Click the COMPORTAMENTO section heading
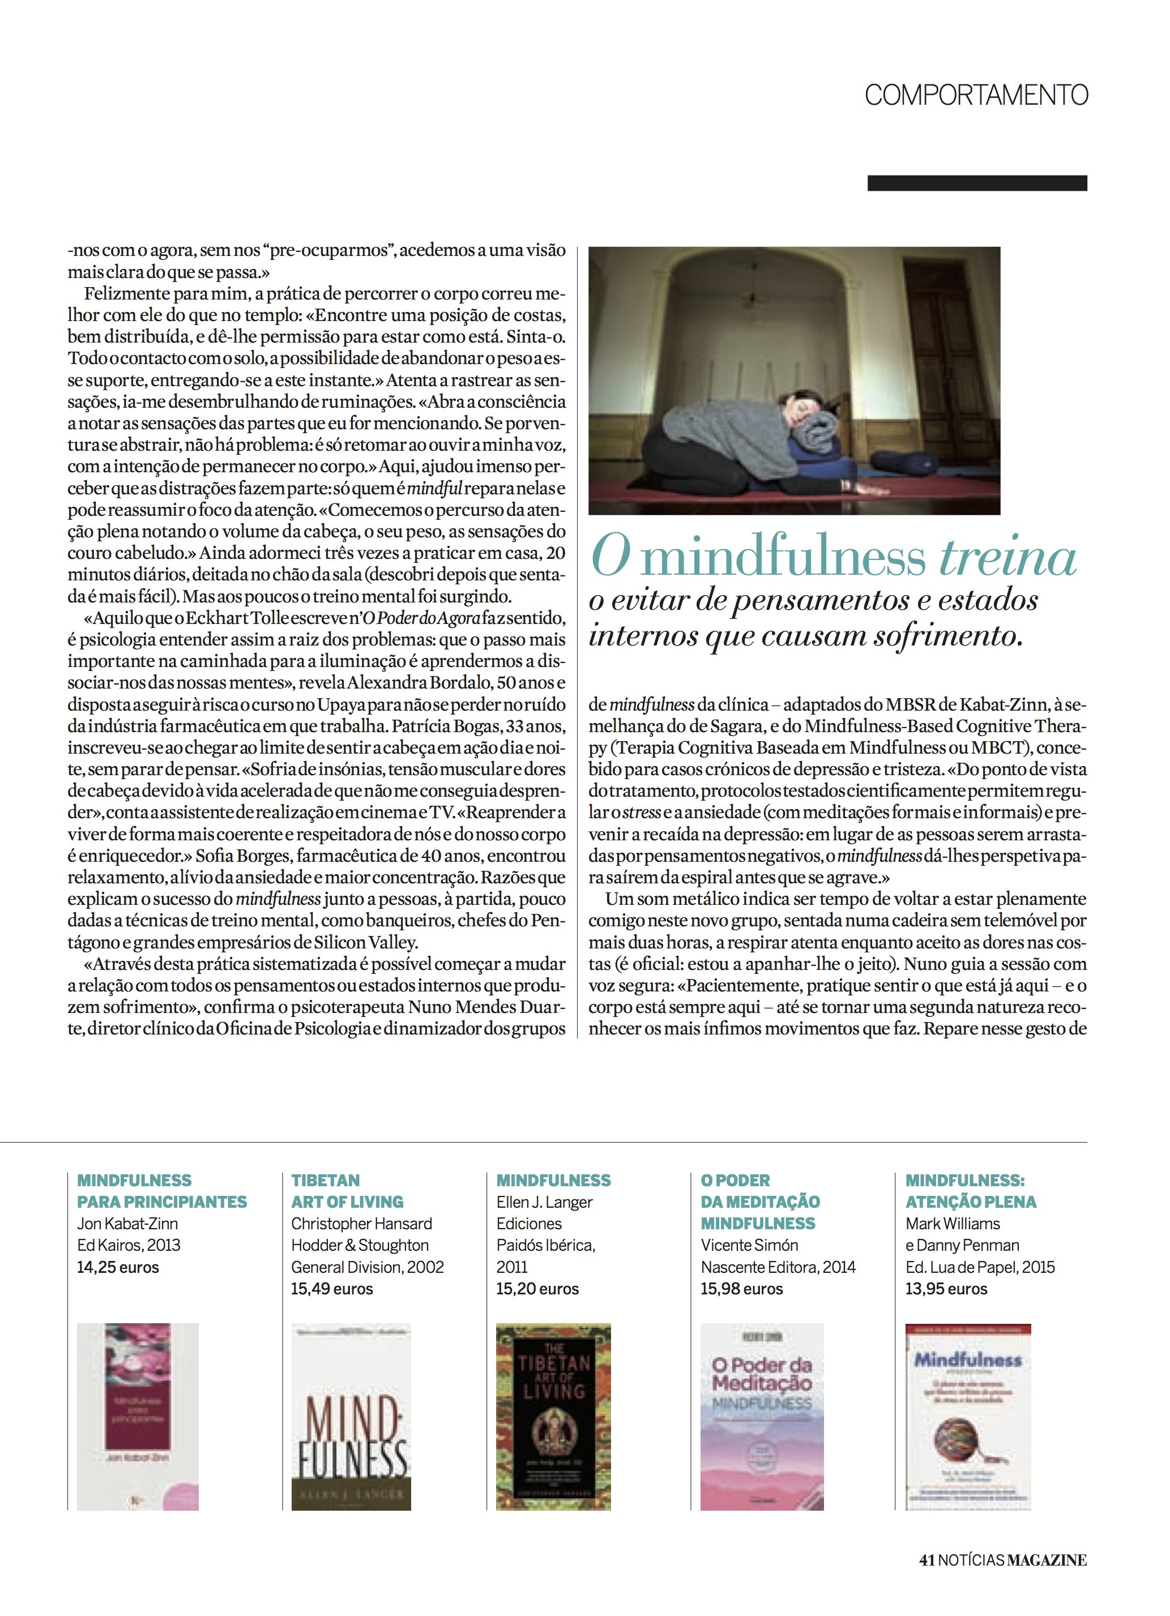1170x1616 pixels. [976, 95]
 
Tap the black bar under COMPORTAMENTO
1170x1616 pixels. [976, 183]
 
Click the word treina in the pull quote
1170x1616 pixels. [1007, 558]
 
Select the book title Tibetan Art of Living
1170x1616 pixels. [347, 1191]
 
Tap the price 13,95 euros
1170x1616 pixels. [946, 1288]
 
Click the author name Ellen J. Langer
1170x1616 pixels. [544, 1202]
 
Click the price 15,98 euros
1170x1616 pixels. [741, 1288]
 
